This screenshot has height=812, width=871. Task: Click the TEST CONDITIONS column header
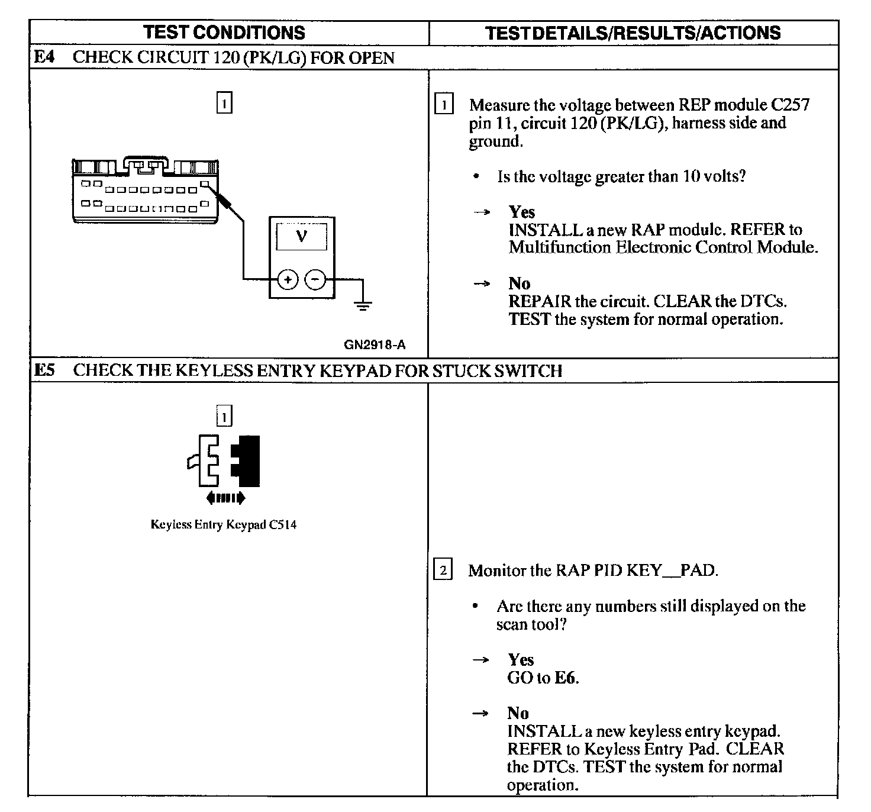[224, 33]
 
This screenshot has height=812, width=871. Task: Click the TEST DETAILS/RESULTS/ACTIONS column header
[633, 33]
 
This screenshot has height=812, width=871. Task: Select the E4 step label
[44, 57]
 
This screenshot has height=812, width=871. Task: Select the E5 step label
[44, 370]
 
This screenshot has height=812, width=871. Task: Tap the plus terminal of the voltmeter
[288, 279]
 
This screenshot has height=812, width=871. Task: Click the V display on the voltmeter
[301, 237]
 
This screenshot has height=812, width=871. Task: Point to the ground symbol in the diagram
[363, 305]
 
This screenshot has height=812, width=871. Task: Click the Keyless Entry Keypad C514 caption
[224, 524]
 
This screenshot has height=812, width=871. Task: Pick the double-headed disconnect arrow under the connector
[225, 498]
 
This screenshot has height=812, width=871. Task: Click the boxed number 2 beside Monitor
[443, 571]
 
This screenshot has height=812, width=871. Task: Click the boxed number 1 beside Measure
[443, 105]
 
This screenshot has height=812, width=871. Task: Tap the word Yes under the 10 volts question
[521, 212]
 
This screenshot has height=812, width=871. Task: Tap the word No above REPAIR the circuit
[519, 283]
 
